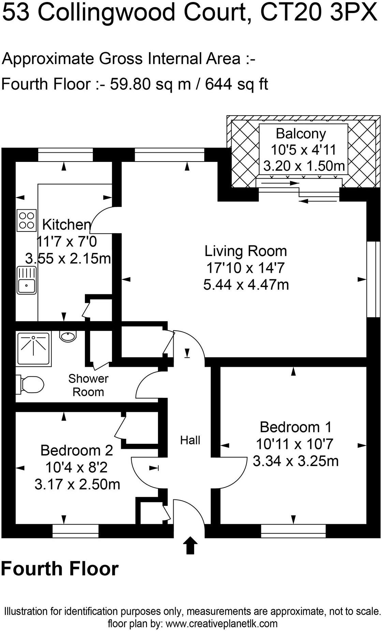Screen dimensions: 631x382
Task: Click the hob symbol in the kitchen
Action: point(27,220)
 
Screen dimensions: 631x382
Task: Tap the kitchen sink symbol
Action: point(27,281)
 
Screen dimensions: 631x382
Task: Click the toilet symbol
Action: point(31,384)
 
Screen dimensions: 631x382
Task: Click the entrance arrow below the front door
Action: point(190,545)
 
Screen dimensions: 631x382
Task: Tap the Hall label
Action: point(190,440)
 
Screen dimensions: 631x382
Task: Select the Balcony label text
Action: point(300,133)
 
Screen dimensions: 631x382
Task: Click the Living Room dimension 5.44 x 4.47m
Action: point(246,284)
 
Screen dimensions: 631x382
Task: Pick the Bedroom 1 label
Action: point(295,427)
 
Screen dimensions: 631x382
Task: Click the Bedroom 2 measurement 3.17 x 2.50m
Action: point(77,484)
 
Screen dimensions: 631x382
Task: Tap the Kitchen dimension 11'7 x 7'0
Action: point(67,242)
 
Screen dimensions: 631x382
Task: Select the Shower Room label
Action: point(88,385)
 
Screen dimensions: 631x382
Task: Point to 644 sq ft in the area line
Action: point(236,84)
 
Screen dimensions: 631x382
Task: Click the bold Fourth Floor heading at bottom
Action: point(60,569)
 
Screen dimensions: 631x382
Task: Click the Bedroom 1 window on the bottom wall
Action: point(293,531)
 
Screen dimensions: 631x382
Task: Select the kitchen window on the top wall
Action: point(65,155)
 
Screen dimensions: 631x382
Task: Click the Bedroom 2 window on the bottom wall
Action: point(75,531)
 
